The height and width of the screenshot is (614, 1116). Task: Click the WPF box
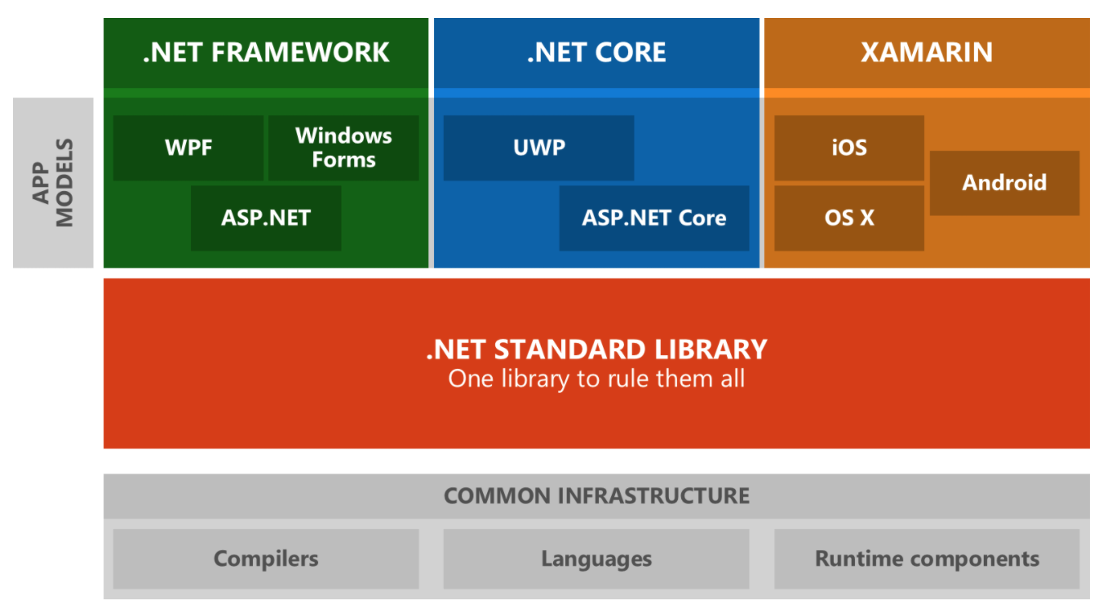[x=188, y=148]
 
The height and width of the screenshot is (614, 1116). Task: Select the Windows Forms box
[x=343, y=148]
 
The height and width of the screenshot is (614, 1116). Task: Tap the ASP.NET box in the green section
[x=266, y=218]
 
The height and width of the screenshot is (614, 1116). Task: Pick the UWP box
[x=538, y=148]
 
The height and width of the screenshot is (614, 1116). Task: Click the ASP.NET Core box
[x=653, y=218]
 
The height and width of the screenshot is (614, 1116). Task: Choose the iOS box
[x=848, y=148]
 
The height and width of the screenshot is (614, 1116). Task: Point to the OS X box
[x=848, y=218]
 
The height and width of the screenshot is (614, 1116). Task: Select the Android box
[x=1004, y=183]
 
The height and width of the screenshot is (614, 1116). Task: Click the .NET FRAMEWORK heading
[x=266, y=52]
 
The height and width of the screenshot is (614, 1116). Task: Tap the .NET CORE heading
[x=596, y=52]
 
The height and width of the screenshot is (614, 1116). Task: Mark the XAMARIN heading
[x=927, y=52]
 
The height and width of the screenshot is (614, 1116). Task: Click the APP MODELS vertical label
[x=53, y=183]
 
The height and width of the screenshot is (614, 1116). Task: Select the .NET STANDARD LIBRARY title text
[x=596, y=349]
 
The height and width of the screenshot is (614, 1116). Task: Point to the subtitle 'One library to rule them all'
[x=596, y=379]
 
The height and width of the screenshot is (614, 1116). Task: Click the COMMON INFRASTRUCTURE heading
[x=596, y=496]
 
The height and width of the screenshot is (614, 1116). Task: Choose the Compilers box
[x=266, y=559]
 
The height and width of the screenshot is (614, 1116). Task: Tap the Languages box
[x=596, y=559]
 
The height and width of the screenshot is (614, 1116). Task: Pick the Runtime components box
[x=927, y=559]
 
